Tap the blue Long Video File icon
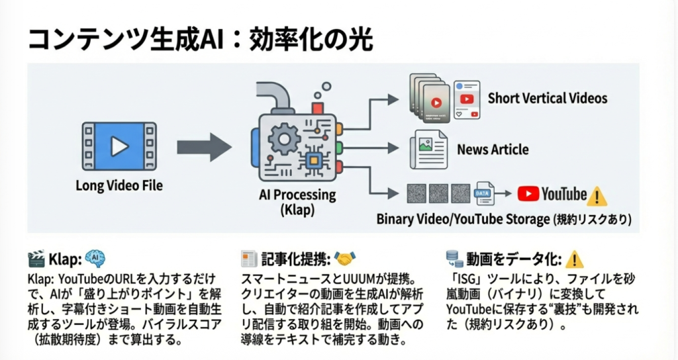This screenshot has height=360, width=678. pyautogui.click(x=120, y=146)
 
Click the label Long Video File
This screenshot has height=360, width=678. pyautogui.click(x=119, y=186)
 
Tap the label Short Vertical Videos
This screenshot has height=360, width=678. pyautogui.click(x=547, y=99)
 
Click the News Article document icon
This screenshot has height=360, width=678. pyautogui.click(x=428, y=149)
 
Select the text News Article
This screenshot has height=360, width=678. pyautogui.click(x=493, y=150)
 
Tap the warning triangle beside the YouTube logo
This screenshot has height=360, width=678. pyautogui.click(x=597, y=196)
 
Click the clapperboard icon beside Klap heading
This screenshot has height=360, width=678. pyautogui.click(x=36, y=258)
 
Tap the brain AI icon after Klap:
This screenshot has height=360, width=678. pyautogui.click(x=95, y=258)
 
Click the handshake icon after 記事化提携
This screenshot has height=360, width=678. pyautogui.click(x=346, y=258)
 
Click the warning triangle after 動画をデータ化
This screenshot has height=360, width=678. pyautogui.click(x=574, y=258)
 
